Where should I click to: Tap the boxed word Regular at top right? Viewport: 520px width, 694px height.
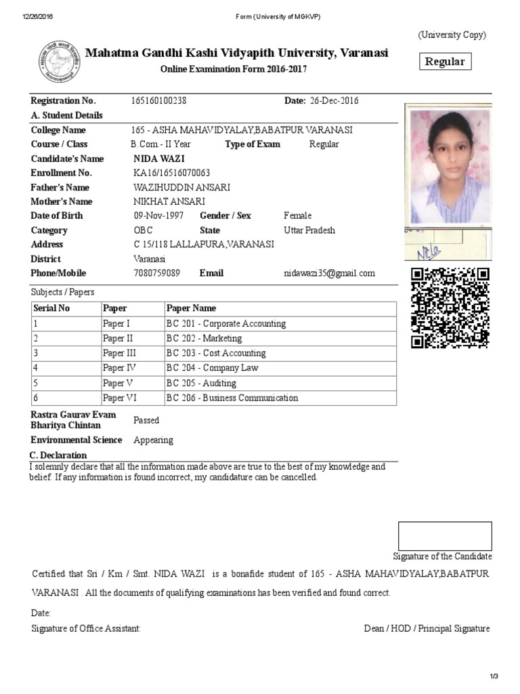pos(445,62)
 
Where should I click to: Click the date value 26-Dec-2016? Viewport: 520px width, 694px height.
pos(334,101)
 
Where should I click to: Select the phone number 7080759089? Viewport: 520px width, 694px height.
pos(157,273)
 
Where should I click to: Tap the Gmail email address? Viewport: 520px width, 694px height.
pos(329,273)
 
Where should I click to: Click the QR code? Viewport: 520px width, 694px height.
pos(450,308)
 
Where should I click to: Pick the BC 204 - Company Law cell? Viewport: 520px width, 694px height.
pos(213,368)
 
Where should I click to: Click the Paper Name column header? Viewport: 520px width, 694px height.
pos(192,308)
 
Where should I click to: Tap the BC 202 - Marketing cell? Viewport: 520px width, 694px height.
pos(204,338)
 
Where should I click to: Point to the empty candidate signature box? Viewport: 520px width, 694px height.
pos(445,535)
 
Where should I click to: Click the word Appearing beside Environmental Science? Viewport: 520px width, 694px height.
pos(154,440)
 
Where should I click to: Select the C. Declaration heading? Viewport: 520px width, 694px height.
pos(59,455)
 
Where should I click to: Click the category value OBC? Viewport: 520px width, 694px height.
pos(144,230)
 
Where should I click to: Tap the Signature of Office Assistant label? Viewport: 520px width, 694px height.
pos(86,628)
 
